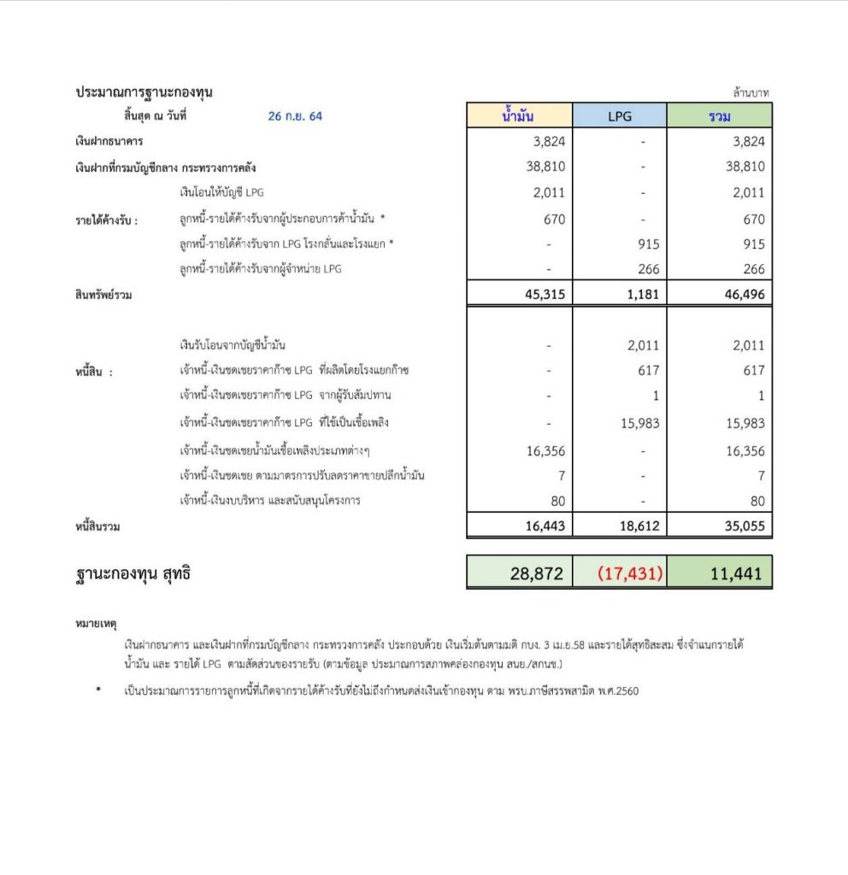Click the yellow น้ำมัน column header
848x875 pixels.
(x=519, y=115)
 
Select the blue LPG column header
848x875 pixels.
(x=619, y=115)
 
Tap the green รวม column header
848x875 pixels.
(x=719, y=115)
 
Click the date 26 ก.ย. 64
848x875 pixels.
(x=295, y=116)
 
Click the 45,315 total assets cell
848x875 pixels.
(x=540, y=295)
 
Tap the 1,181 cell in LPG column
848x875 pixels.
(x=641, y=295)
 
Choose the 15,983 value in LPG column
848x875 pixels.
(x=639, y=423)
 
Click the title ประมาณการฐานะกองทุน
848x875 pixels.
(x=144, y=92)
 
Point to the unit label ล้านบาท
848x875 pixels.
(x=752, y=92)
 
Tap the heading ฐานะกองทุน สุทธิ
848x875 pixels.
(x=132, y=574)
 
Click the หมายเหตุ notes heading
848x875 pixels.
(x=96, y=625)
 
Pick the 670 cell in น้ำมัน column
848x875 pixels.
(x=554, y=220)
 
